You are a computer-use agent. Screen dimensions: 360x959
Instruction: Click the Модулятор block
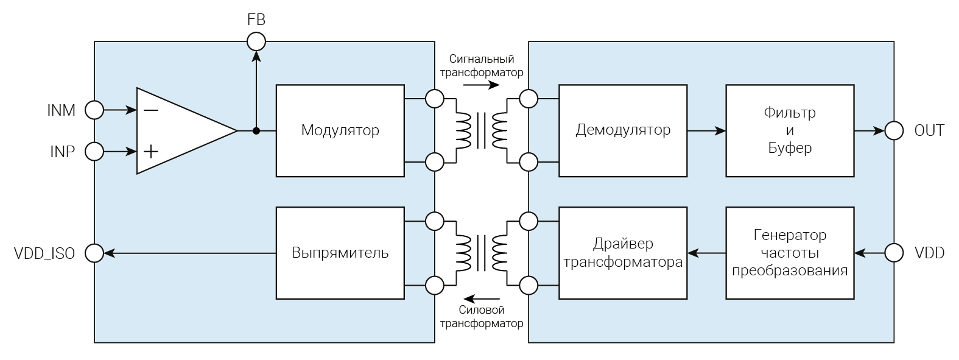click(x=340, y=130)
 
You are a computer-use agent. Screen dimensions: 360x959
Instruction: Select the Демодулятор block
click(x=623, y=130)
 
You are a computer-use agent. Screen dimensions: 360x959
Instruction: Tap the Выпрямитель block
click(x=340, y=253)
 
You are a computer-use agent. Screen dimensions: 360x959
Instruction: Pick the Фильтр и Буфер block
click(x=790, y=130)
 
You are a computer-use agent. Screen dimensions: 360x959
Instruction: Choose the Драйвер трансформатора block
click(x=623, y=253)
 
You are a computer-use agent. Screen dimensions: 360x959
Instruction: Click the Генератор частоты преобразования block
click(x=790, y=253)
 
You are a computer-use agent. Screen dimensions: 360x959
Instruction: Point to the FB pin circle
click(x=256, y=41)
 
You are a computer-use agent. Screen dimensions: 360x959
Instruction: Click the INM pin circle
click(x=94, y=110)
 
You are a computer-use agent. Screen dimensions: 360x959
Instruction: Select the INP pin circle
click(x=94, y=151)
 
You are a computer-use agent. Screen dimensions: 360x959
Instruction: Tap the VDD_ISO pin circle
click(x=94, y=253)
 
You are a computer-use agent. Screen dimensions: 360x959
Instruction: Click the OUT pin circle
click(x=894, y=130)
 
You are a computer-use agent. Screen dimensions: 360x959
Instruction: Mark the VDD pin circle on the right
click(x=894, y=253)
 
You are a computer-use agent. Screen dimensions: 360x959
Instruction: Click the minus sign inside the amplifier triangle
click(x=150, y=110)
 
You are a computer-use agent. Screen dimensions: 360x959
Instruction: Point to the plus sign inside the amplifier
click(x=150, y=151)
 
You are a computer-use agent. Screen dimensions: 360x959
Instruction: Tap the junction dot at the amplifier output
click(x=256, y=130)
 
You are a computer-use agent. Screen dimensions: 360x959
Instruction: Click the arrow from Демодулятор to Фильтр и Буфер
click(x=706, y=130)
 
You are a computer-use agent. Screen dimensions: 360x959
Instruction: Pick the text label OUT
click(x=929, y=130)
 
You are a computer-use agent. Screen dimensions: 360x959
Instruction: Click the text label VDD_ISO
click(x=44, y=253)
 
